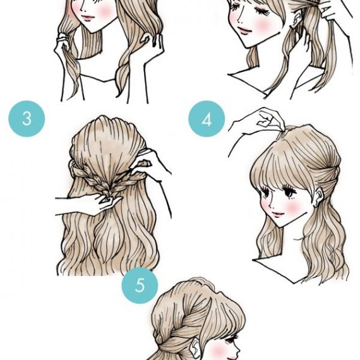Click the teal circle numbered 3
click(27, 119)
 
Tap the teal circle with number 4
click(207, 119)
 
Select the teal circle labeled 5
click(140, 285)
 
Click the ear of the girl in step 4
click(319, 196)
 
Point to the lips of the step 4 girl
click(277, 215)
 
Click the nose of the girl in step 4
click(271, 207)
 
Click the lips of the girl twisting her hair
click(87, 18)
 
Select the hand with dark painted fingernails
click(152, 44)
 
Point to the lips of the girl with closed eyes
click(244, 31)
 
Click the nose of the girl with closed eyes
click(240, 21)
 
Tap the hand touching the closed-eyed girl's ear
click(303, 40)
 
